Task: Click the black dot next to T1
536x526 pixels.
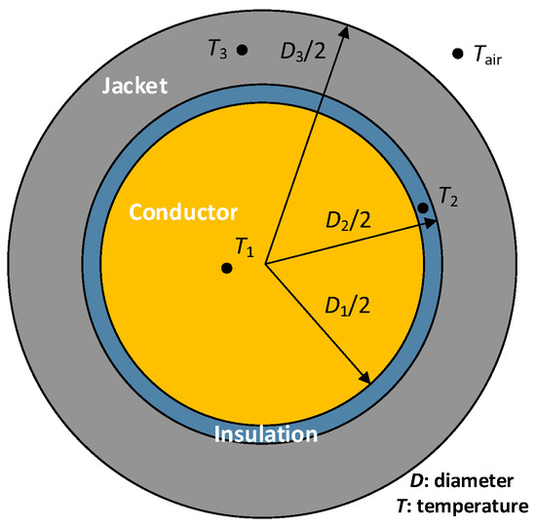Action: coord(226,268)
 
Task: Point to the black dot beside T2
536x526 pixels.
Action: coord(423,207)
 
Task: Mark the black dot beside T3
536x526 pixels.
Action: coord(243,50)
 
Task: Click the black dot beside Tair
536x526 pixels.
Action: coord(456,54)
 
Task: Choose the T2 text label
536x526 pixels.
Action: coord(448,198)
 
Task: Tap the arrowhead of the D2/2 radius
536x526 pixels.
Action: coord(434,223)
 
